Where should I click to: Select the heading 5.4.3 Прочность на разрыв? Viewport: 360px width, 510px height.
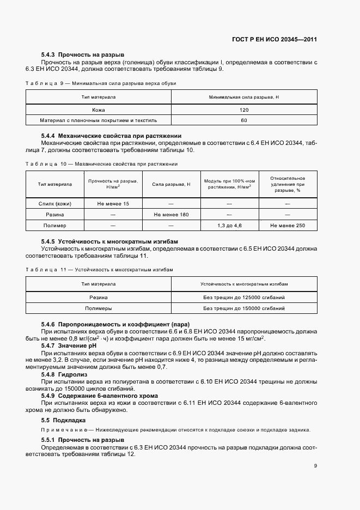[x=83, y=55]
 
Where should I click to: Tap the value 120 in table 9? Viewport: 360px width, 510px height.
[x=243, y=110]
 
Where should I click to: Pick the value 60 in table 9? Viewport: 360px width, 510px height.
[x=243, y=120]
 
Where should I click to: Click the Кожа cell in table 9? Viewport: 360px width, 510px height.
[x=99, y=110]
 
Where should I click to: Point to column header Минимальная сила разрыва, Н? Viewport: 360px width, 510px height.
[x=243, y=97]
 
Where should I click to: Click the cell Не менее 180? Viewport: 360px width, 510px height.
[x=171, y=215]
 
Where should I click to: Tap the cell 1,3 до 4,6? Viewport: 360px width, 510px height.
[x=229, y=226]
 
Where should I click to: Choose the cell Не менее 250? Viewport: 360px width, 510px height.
[x=288, y=226]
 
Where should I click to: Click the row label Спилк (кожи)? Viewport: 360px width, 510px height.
[x=55, y=204]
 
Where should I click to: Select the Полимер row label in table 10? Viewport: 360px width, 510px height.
[x=55, y=226]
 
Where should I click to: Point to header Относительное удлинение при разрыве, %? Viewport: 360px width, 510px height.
[x=288, y=185]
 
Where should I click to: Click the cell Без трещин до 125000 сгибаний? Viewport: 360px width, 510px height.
[x=243, y=297]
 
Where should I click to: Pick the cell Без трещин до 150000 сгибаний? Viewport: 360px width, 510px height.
[x=243, y=308]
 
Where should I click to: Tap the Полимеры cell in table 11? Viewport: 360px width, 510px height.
[x=99, y=308]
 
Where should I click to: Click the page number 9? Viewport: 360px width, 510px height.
[x=315, y=466]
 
